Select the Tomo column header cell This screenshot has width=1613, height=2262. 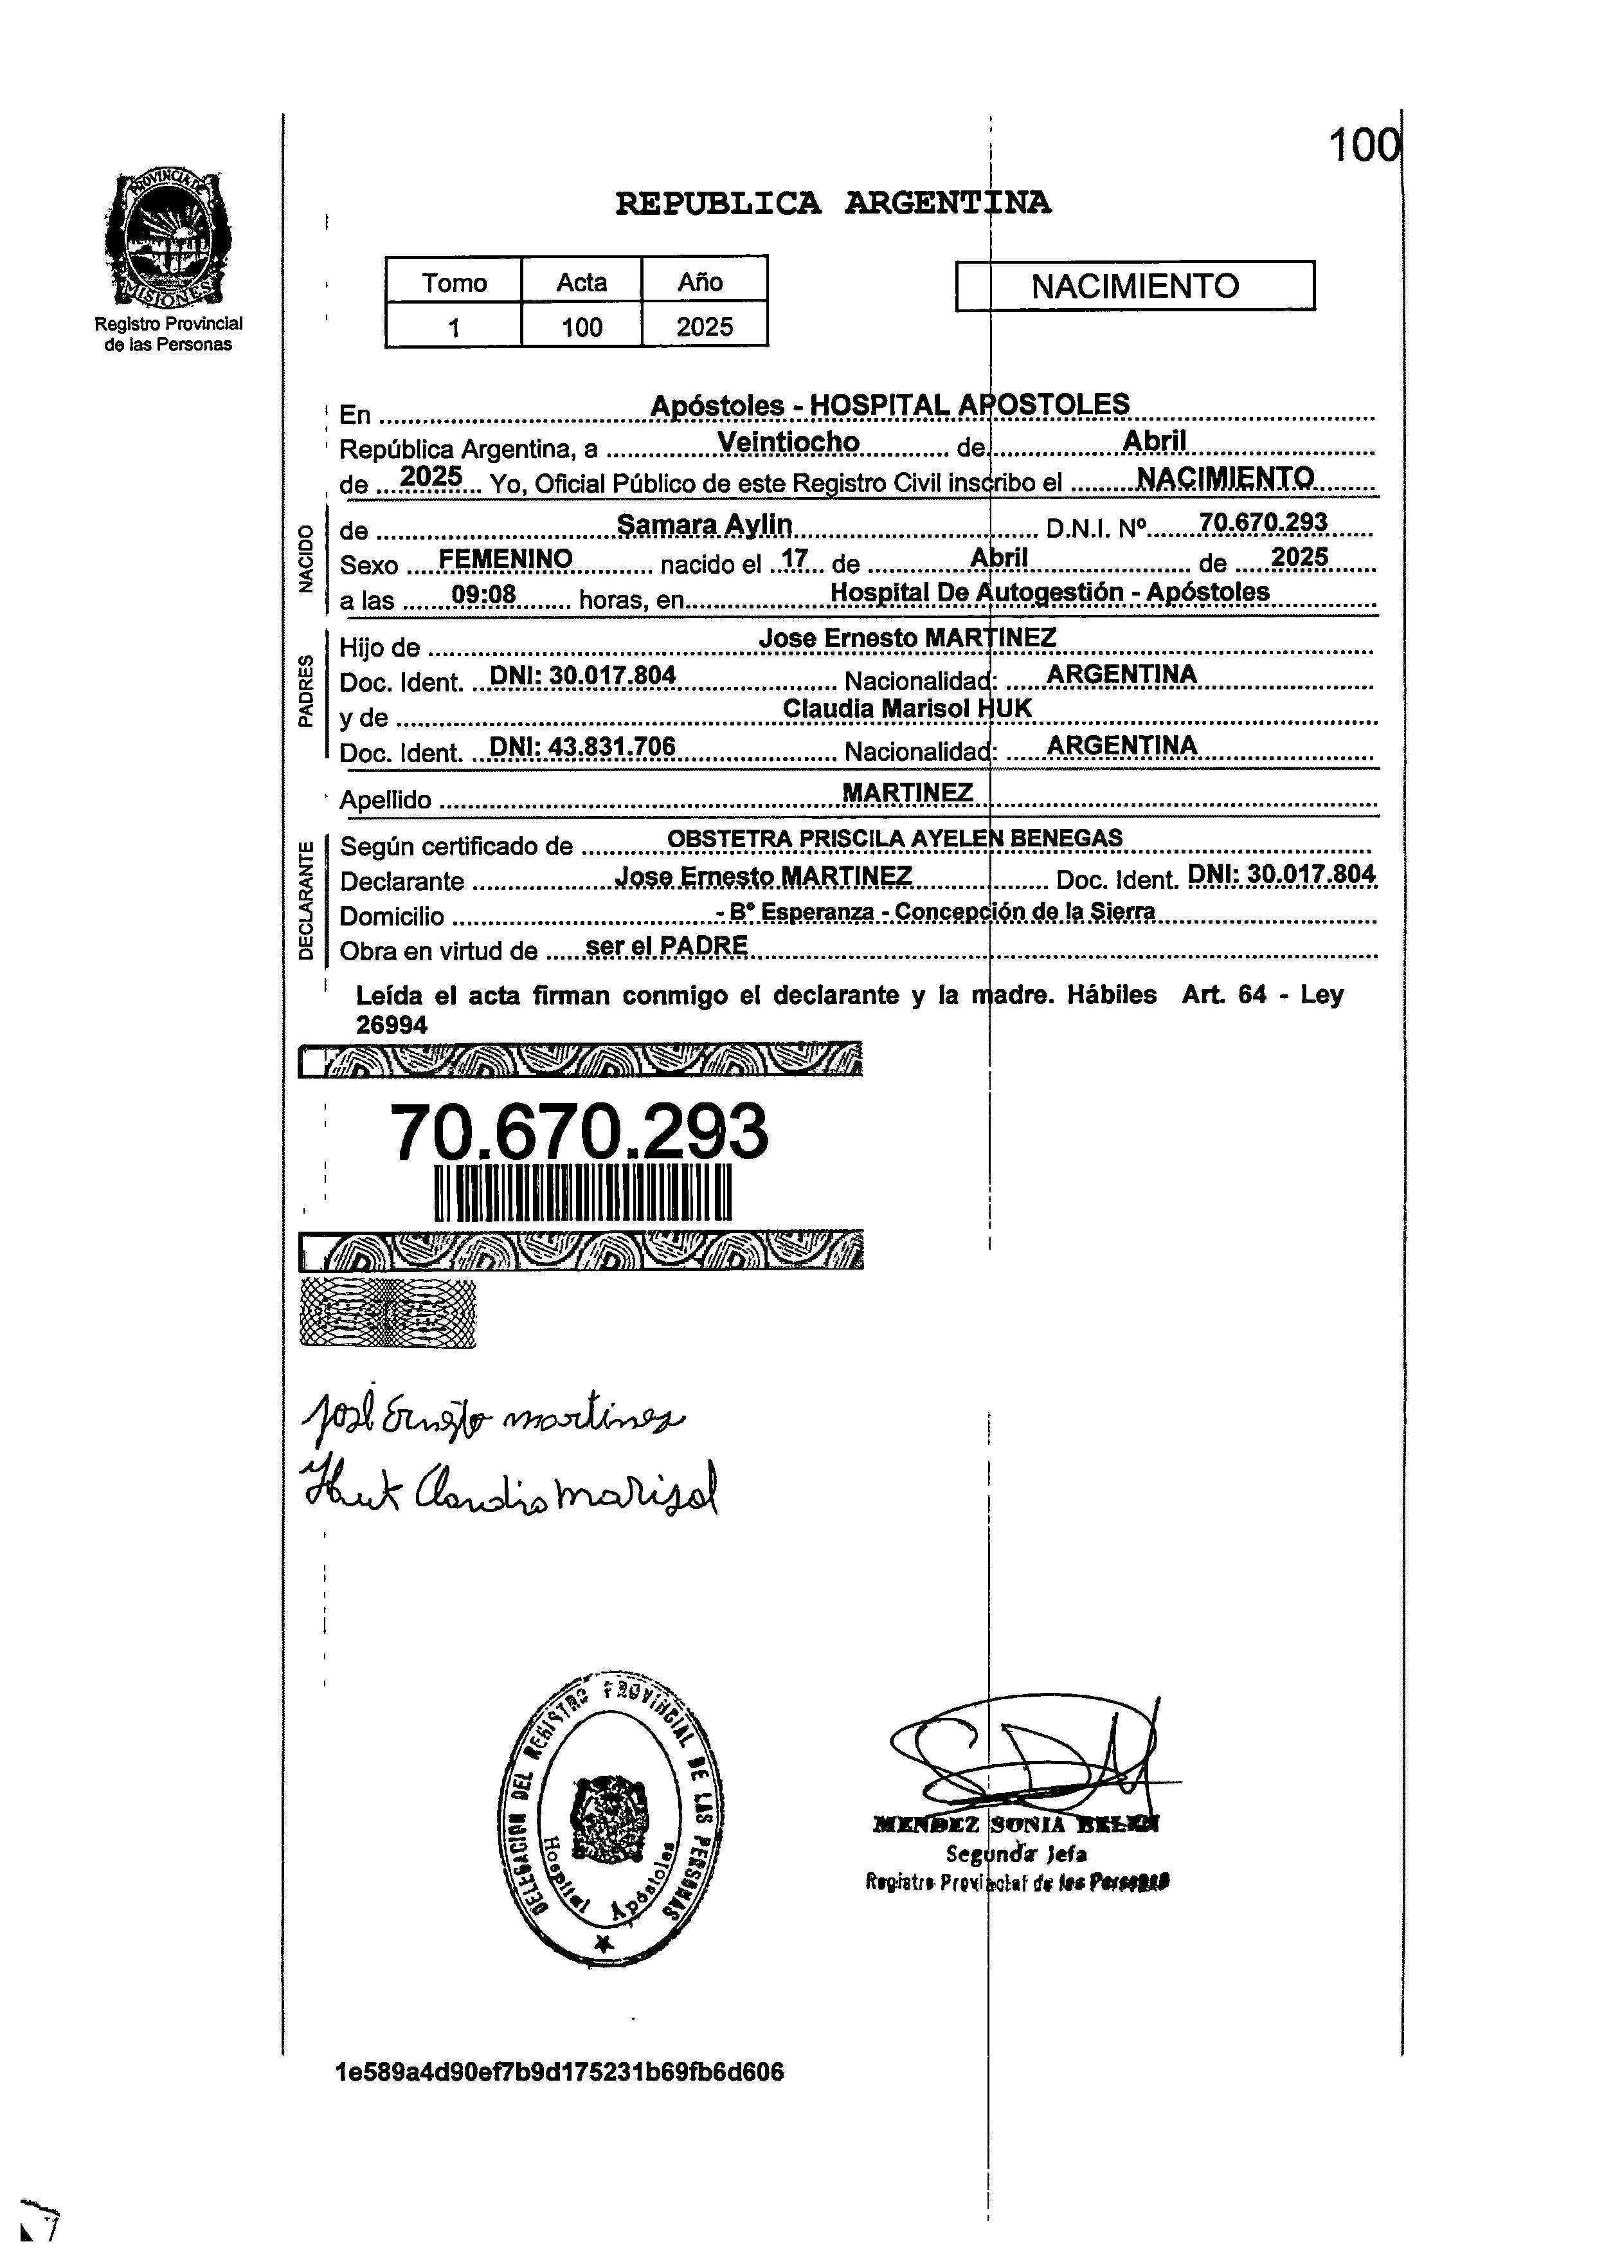click(x=454, y=282)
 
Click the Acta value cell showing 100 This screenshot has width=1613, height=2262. click(x=581, y=327)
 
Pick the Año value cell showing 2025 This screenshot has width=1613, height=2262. click(x=704, y=327)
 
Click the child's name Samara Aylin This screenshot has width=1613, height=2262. click(x=704, y=525)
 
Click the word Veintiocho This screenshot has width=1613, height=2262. click(x=789, y=442)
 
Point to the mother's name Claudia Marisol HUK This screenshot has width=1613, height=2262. click(x=907, y=708)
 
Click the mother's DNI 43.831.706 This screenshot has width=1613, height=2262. click(x=583, y=747)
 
